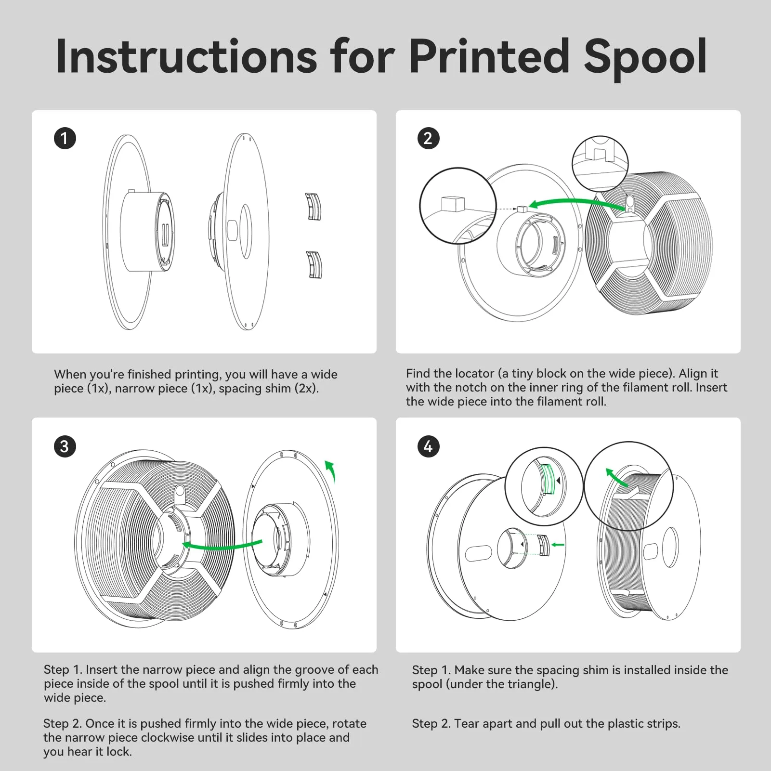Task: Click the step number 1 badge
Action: (x=65, y=138)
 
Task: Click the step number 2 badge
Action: (x=428, y=138)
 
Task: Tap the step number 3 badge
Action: (x=65, y=446)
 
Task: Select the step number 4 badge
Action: (x=428, y=446)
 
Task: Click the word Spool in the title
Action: (x=645, y=58)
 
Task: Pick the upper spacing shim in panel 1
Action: (x=314, y=207)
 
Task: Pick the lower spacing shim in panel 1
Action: (x=314, y=264)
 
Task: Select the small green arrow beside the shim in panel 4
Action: (x=558, y=545)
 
